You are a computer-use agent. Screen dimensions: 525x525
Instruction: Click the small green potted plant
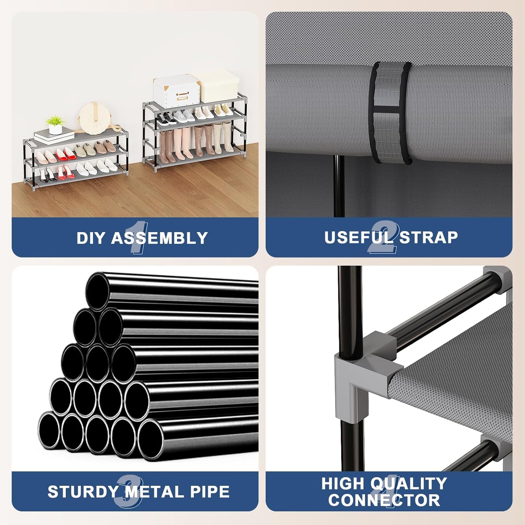click(56, 125)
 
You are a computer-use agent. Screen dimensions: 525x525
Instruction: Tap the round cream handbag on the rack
click(94, 119)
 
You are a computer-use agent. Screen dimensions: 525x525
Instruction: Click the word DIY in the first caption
click(91, 238)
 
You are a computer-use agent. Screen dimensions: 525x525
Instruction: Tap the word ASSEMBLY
click(159, 238)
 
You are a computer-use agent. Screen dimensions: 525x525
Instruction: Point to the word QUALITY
click(409, 484)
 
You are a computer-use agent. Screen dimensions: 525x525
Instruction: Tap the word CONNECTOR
click(384, 500)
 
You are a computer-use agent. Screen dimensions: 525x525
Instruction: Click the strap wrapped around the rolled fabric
click(390, 112)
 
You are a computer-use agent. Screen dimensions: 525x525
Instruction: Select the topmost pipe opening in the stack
click(97, 291)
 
